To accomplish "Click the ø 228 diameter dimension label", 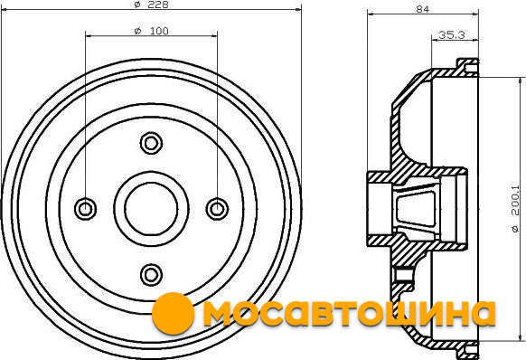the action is click(151, 5).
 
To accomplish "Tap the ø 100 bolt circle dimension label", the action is click(151, 31).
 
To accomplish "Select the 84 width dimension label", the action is click(423, 9).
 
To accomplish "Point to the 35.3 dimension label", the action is click(452, 34).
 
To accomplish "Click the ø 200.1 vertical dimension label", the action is click(515, 208).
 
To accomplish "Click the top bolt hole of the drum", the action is click(151, 144).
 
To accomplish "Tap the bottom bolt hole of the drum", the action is click(151, 275).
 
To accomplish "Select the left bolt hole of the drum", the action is click(86, 209).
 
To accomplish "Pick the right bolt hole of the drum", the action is click(217, 209).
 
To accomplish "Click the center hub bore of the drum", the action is click(151, 209).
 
